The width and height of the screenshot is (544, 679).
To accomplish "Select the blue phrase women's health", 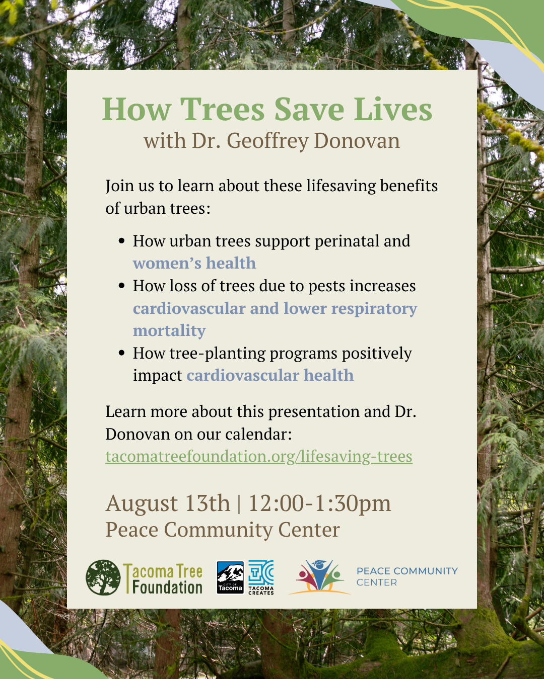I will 194,263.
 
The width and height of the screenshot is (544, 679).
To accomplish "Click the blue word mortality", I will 169,330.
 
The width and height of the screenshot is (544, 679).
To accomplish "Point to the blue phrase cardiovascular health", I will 270,375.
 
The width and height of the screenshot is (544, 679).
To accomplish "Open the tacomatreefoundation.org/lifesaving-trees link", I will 258,456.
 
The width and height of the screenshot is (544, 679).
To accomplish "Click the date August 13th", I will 167,503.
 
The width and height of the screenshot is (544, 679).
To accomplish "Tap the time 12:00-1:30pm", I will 319,503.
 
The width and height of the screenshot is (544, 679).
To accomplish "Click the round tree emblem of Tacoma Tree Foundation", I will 103,577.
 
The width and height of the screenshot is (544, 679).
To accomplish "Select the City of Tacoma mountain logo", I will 230,577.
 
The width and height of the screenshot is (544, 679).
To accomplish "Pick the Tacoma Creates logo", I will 261,577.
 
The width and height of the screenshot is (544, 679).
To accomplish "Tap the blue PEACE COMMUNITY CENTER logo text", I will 407,576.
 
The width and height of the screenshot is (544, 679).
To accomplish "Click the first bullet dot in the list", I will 121,241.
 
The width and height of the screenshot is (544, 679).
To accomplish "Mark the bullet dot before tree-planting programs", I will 121,353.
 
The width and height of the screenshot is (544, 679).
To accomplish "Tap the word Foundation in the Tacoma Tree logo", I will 167,587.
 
